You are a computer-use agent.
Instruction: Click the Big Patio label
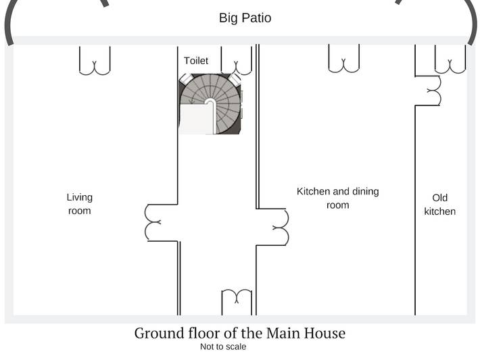point(245,18)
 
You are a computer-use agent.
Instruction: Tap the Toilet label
point(196,61)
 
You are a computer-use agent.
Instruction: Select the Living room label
point(80,204)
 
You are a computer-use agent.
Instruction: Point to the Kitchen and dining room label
point(337,198)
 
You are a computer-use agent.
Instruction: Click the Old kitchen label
point(440,205)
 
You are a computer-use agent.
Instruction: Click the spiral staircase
point(210,104)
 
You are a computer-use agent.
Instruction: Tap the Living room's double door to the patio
point(95,61)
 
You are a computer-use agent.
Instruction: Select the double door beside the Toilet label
point(237,61)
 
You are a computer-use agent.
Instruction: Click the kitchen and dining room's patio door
point(344,59)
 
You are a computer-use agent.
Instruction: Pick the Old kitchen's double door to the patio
point(450,59)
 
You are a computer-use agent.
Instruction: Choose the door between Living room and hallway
point(153,222)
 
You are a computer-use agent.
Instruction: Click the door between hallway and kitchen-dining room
point(280,227)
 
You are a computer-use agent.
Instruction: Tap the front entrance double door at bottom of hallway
point(237,302)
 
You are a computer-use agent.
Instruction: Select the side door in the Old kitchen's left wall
point(434,91)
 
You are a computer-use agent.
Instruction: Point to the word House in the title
point(325,333)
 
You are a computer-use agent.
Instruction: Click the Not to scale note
point(223,347)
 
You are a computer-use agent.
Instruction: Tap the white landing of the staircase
point(196,119)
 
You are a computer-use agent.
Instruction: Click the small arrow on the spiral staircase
point(192,100)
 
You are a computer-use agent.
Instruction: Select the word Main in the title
point(283,333)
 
